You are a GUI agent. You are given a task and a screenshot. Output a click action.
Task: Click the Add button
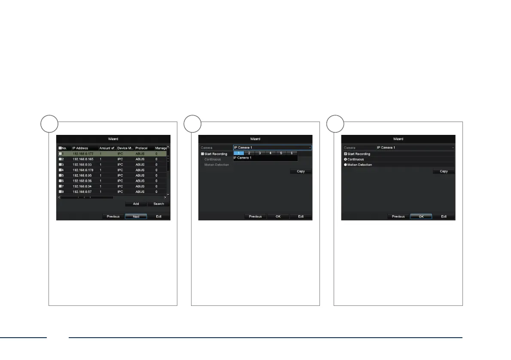click(136, 204)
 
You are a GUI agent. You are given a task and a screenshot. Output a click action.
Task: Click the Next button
click(136, 217)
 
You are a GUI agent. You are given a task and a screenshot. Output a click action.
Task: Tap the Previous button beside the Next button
click(113, 217)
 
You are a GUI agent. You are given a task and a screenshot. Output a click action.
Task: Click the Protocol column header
click(141, 148)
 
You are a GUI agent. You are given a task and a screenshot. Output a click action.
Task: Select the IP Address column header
click(80, 148)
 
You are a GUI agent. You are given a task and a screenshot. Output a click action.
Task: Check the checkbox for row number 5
click(60, 175)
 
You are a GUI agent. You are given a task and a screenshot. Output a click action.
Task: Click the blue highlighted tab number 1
click(238, 153)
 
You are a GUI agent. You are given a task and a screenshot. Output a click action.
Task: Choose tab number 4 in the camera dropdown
click(270, 153)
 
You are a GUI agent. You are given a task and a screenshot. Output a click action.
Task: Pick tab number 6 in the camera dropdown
click(292, 153)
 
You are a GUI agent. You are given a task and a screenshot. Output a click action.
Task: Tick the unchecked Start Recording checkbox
click(203, 154)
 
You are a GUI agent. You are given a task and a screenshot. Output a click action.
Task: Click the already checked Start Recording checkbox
click(346, 154)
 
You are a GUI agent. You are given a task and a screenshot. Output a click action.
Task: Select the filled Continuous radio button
click(346, 159)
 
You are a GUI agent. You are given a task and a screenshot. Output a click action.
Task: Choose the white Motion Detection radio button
click(346, 165)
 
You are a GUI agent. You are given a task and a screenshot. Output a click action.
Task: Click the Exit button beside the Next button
click(158, 217)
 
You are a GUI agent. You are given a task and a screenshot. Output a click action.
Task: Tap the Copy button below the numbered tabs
click(301, 171)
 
